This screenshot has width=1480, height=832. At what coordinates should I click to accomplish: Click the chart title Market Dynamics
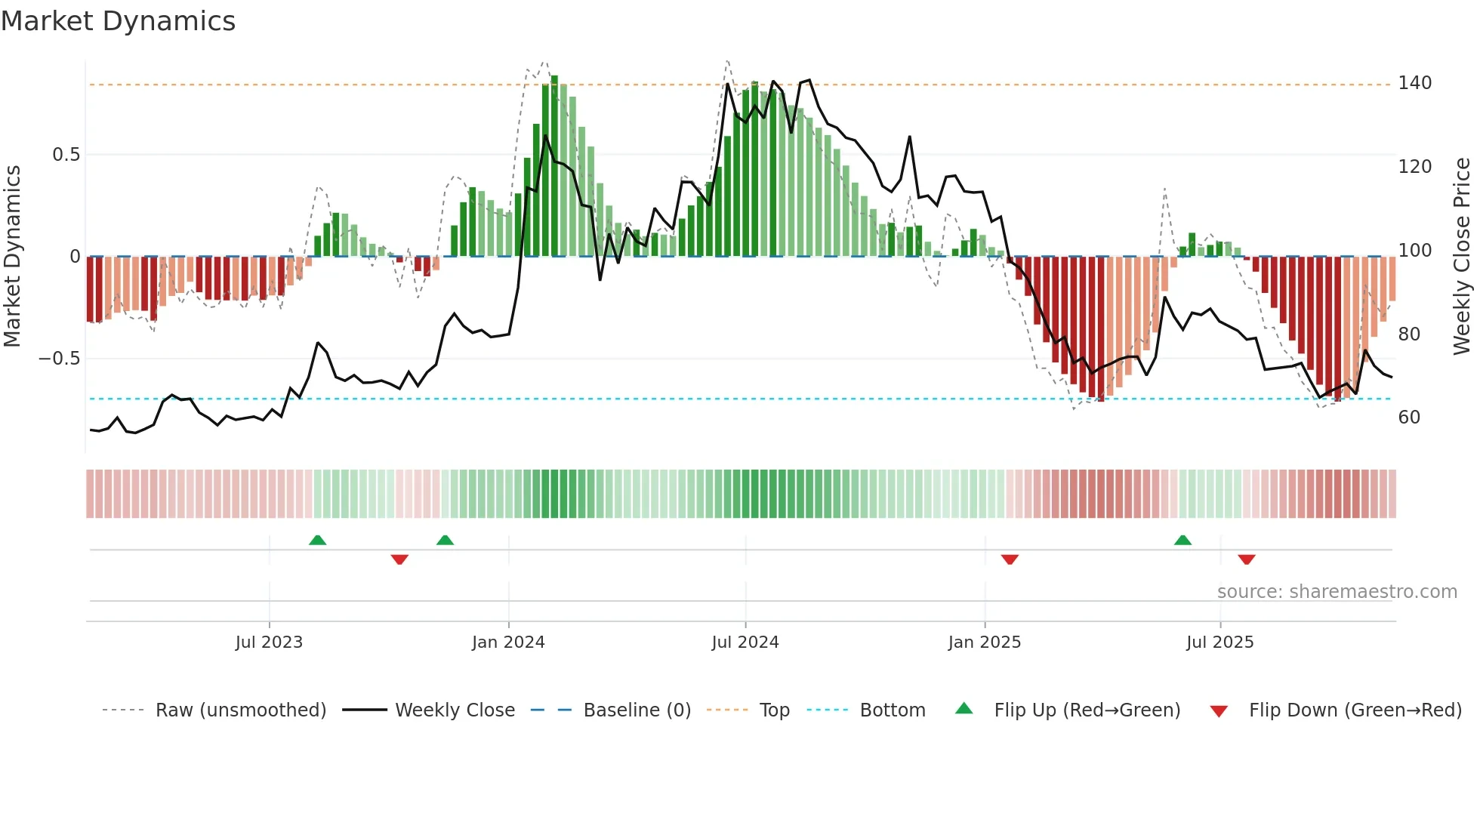click(x=119, y=21)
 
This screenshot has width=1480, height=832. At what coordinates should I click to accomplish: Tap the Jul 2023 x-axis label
click(x=269, y=642)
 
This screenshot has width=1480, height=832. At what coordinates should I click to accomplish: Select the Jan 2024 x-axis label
click(x=508, y=642)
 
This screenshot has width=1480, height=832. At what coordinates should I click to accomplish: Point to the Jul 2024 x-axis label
click(x=745, y=642)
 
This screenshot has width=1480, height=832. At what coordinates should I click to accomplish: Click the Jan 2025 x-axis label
click(x=985, y=642)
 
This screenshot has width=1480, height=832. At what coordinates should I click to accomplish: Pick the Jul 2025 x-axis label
click(x=1220, y=642)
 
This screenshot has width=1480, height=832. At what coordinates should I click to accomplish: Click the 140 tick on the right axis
click(x=1414, y=83)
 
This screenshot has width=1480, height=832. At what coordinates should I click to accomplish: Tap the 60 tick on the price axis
click(x=1409, y=418)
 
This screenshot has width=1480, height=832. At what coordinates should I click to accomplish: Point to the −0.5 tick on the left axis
click(x=60, y=359)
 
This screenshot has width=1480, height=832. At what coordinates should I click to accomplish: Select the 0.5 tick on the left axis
click(x=66, y=155)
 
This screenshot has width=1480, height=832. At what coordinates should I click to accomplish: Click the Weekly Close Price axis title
click(x=1462, y=257)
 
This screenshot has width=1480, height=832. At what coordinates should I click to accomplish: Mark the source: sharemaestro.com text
click(x=1337, y=592)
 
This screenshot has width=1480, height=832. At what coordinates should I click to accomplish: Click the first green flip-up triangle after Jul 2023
click(x=318, y=540)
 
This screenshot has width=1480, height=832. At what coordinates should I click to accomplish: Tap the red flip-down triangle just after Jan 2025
click(x=1010, y=559)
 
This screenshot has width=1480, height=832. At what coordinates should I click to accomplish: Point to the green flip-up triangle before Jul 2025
click(x=1182, y=540)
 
